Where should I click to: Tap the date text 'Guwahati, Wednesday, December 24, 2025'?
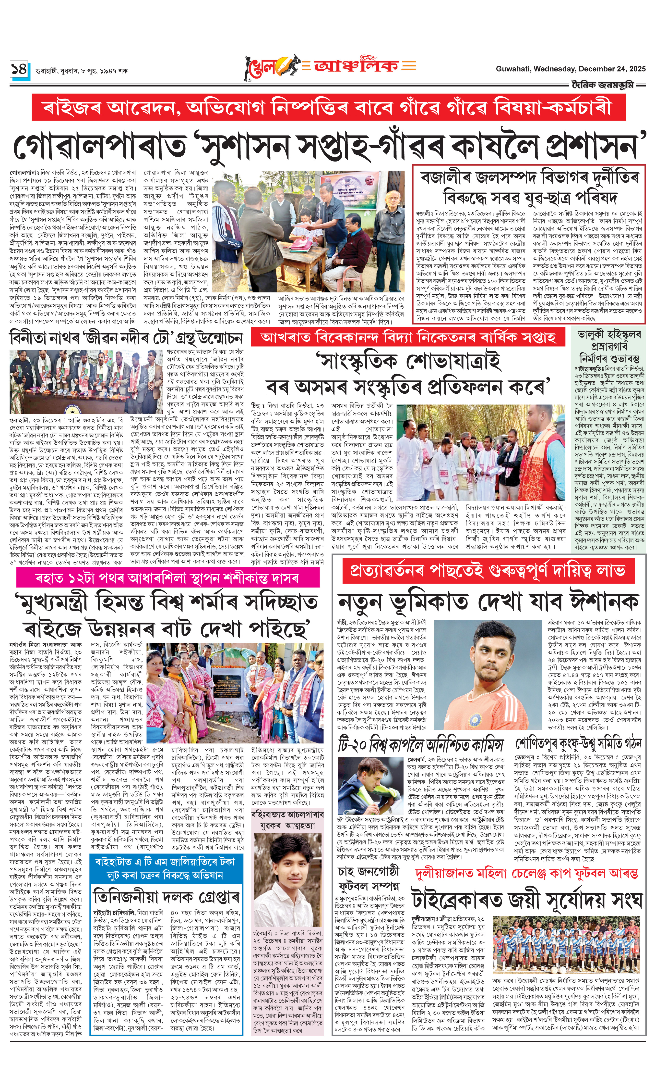[570, 69]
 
